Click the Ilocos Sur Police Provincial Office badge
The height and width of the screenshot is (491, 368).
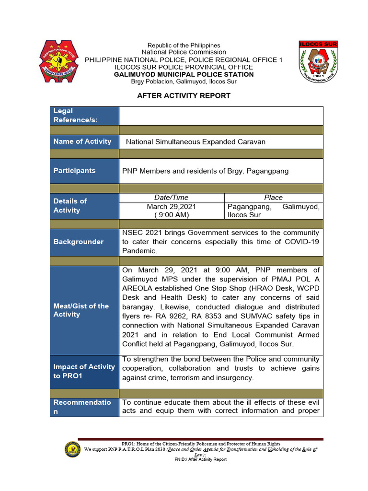point(318,61)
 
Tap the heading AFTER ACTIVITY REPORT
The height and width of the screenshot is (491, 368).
point(184,95)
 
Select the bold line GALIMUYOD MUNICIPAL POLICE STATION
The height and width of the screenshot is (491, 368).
point(184,74)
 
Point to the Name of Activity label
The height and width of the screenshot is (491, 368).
point(82,141)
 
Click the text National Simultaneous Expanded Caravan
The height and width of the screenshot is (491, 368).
point(195,142)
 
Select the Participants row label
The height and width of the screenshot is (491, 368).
point(74,171)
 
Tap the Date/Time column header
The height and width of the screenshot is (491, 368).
point(171,198)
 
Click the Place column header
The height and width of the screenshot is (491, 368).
point(273,198)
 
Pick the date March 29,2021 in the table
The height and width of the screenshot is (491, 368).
point(171,206)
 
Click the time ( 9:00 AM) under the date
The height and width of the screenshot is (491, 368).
point(171,215)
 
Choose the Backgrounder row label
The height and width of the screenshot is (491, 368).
point(79,242)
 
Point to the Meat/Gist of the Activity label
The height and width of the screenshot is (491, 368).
point(81,310)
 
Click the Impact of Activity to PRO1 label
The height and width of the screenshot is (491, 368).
point(84,371)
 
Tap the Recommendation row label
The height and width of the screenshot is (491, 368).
point(81,407)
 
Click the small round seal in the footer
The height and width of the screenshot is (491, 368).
point(72,449)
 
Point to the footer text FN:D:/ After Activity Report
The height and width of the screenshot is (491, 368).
point(200,459)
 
